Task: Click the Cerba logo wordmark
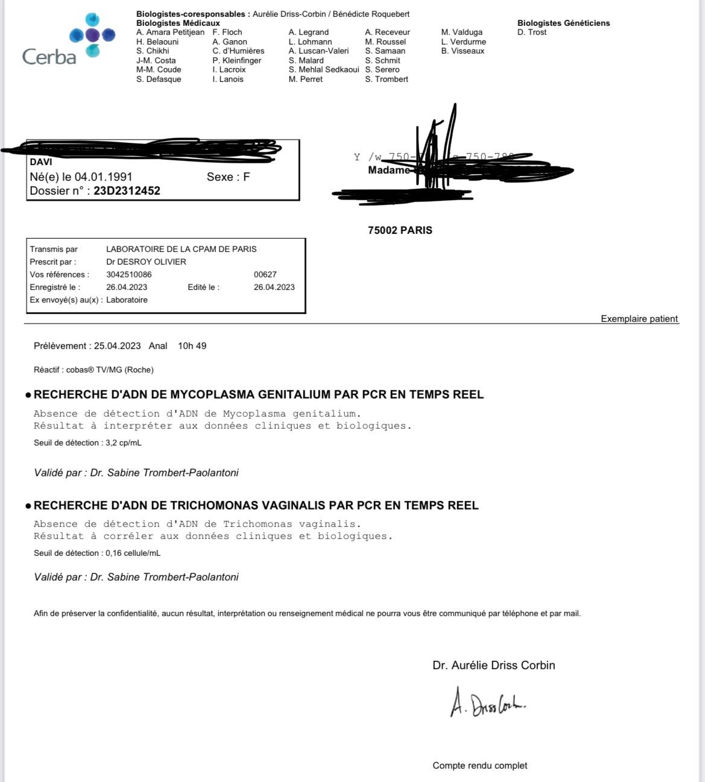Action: pos(49,57)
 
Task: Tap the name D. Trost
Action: pos(532,33)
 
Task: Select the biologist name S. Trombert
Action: pos(387,79)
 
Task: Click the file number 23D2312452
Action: pos(127,191)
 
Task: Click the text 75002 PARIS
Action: pos(400,230)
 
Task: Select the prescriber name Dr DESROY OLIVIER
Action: pos(146,262)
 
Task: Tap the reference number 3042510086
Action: pos(129,274)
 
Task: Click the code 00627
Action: pos(265,274)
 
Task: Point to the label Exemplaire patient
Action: pos(639,319)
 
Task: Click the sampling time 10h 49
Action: pos(192,346)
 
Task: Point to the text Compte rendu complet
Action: pos(479,766)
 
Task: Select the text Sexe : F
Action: pos(228,177)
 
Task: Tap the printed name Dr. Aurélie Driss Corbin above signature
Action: pos(493,666)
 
